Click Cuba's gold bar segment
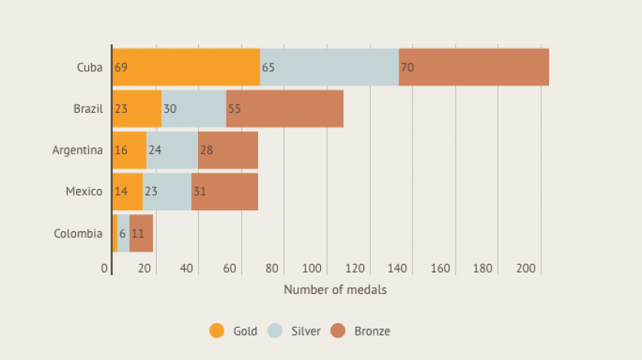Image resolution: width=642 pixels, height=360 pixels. point(187,68)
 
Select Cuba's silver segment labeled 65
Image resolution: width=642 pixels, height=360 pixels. point(329,68)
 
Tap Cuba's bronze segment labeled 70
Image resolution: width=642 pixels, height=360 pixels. point(474,68)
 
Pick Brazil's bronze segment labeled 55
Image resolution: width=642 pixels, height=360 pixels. point(285,109)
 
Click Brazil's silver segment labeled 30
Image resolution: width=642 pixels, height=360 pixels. point(194,109)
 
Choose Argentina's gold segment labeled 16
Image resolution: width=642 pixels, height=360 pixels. point(129,150)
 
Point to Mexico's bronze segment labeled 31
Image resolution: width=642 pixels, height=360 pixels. point(224,192)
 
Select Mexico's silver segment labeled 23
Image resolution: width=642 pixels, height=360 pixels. point(167,192)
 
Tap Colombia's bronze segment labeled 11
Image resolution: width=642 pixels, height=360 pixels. point(141,233)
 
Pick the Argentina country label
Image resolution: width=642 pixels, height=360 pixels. point(77,150)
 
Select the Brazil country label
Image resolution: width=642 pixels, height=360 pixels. point(88,109)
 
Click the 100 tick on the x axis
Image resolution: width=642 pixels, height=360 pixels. point(312,269)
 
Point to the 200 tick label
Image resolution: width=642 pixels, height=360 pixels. point(526,269)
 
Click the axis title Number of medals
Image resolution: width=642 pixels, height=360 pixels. point(335,290)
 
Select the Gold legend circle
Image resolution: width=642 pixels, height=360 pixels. point(217,331)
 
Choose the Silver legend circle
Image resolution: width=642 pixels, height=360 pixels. point(276,331)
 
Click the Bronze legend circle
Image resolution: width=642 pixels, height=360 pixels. point(339,331)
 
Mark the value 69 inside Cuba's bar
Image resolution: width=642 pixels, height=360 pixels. point(121,68)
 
